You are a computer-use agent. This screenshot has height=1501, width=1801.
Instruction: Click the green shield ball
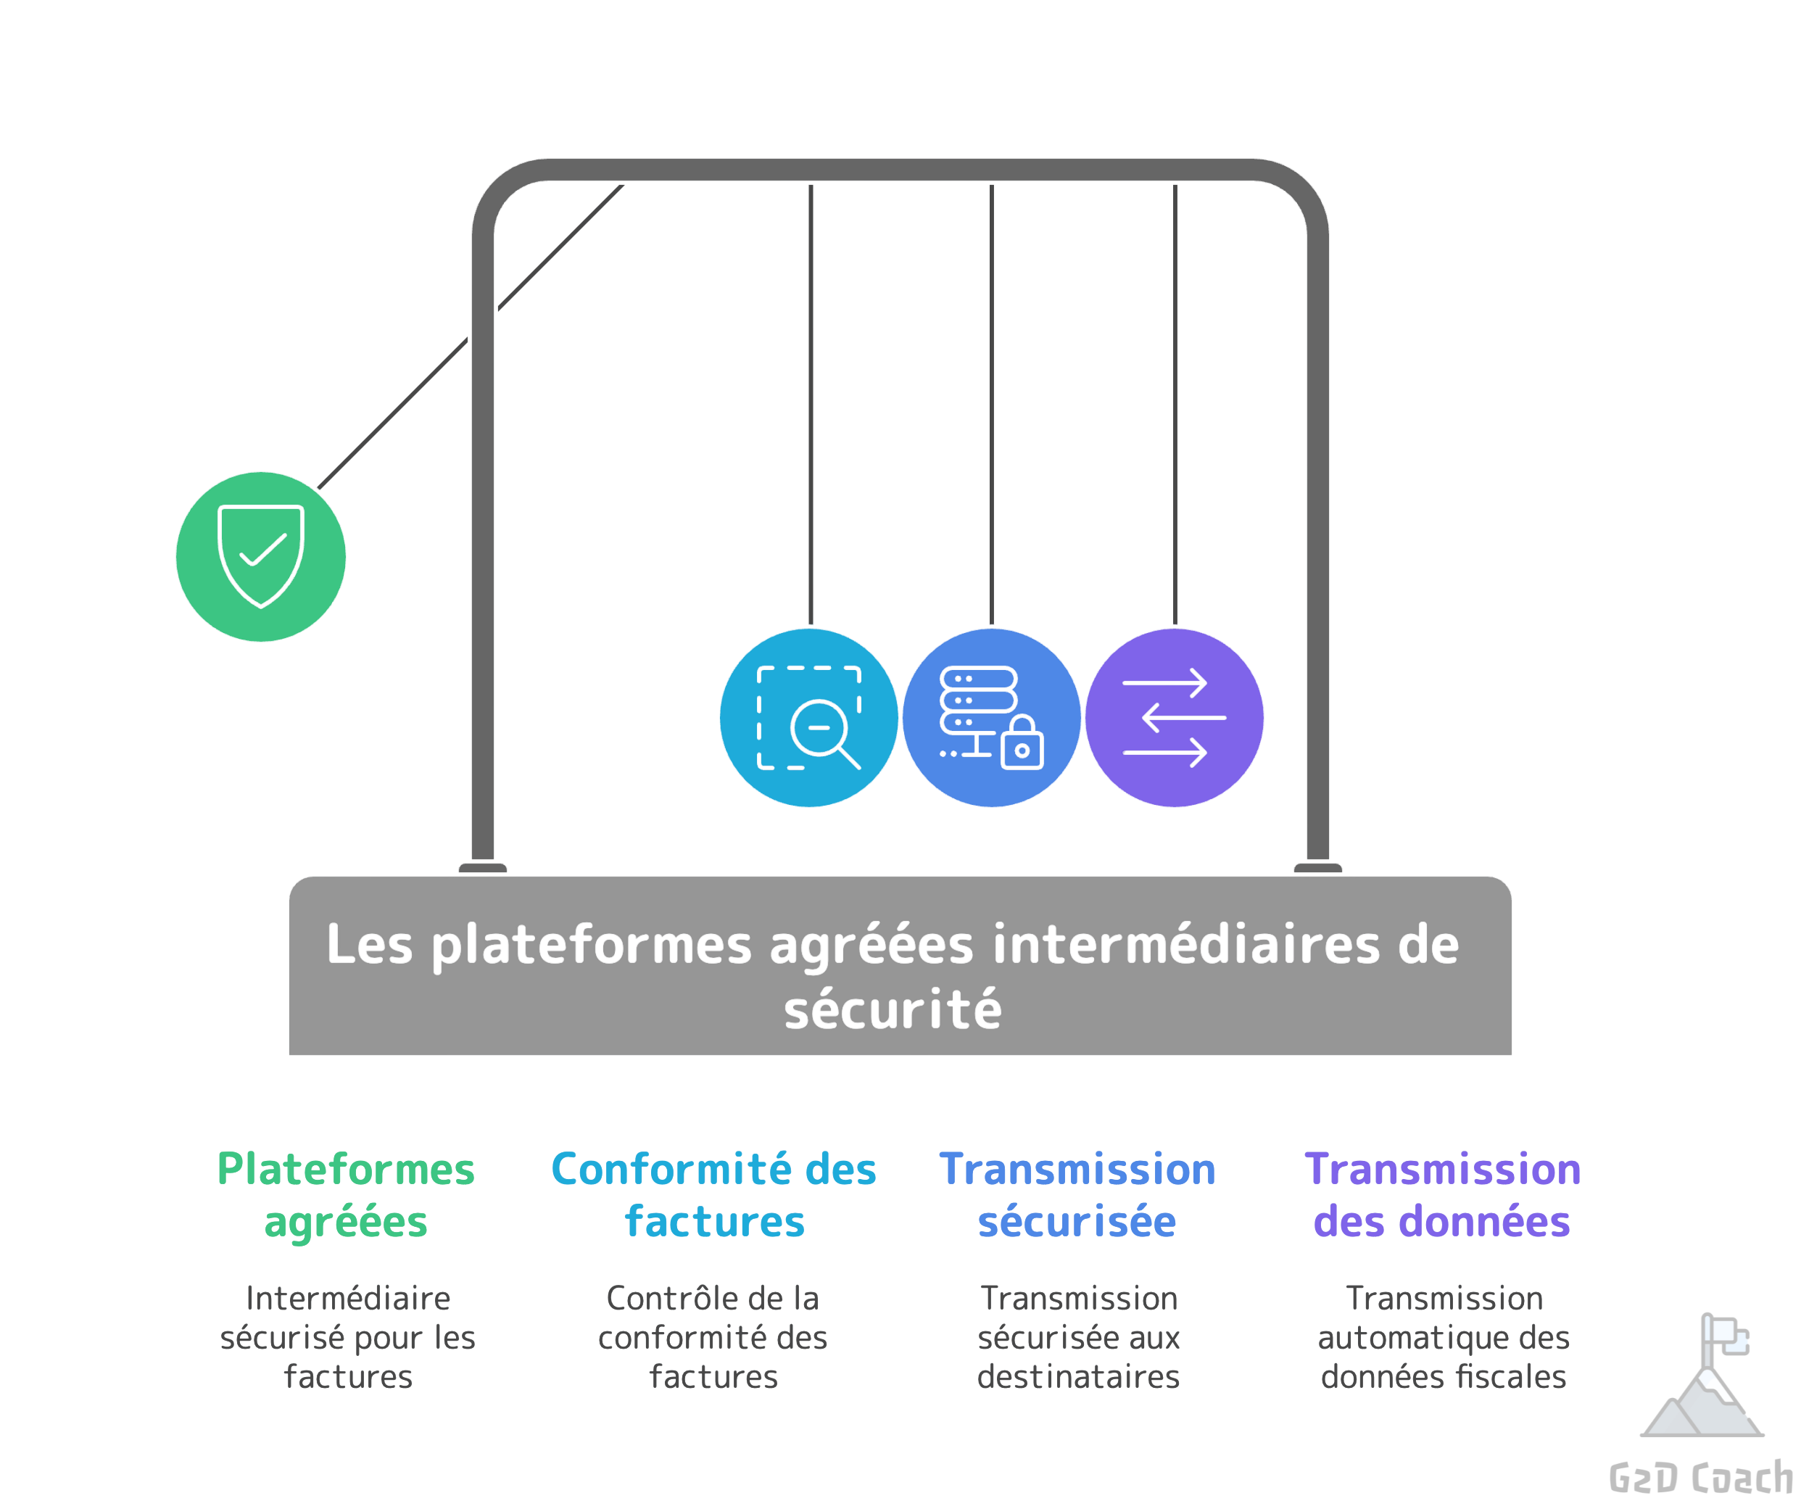coord(261,557)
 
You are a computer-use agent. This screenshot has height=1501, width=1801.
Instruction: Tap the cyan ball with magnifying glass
coord(808,717)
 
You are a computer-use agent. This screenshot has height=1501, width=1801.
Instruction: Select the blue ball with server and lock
coord(990,717)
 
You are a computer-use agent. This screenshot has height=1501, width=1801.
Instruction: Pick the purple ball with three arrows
coord(1173,717)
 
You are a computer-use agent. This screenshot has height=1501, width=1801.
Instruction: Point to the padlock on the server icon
coord(1022,745)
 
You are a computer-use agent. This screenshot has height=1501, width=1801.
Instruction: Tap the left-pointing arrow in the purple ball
coord(1183,717)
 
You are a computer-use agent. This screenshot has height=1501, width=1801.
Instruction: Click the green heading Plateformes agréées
coord(346,1195)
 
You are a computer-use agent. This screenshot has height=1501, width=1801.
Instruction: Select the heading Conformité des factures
coord(713,1195)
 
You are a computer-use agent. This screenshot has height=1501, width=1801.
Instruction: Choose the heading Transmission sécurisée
coord(1077,1195)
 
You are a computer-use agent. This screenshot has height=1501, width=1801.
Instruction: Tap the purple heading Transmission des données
coord(1443,1195)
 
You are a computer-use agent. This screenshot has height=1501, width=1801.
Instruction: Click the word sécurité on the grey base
coord(893,1009)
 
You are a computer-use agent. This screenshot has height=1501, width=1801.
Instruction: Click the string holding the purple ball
coord(1175,403)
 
